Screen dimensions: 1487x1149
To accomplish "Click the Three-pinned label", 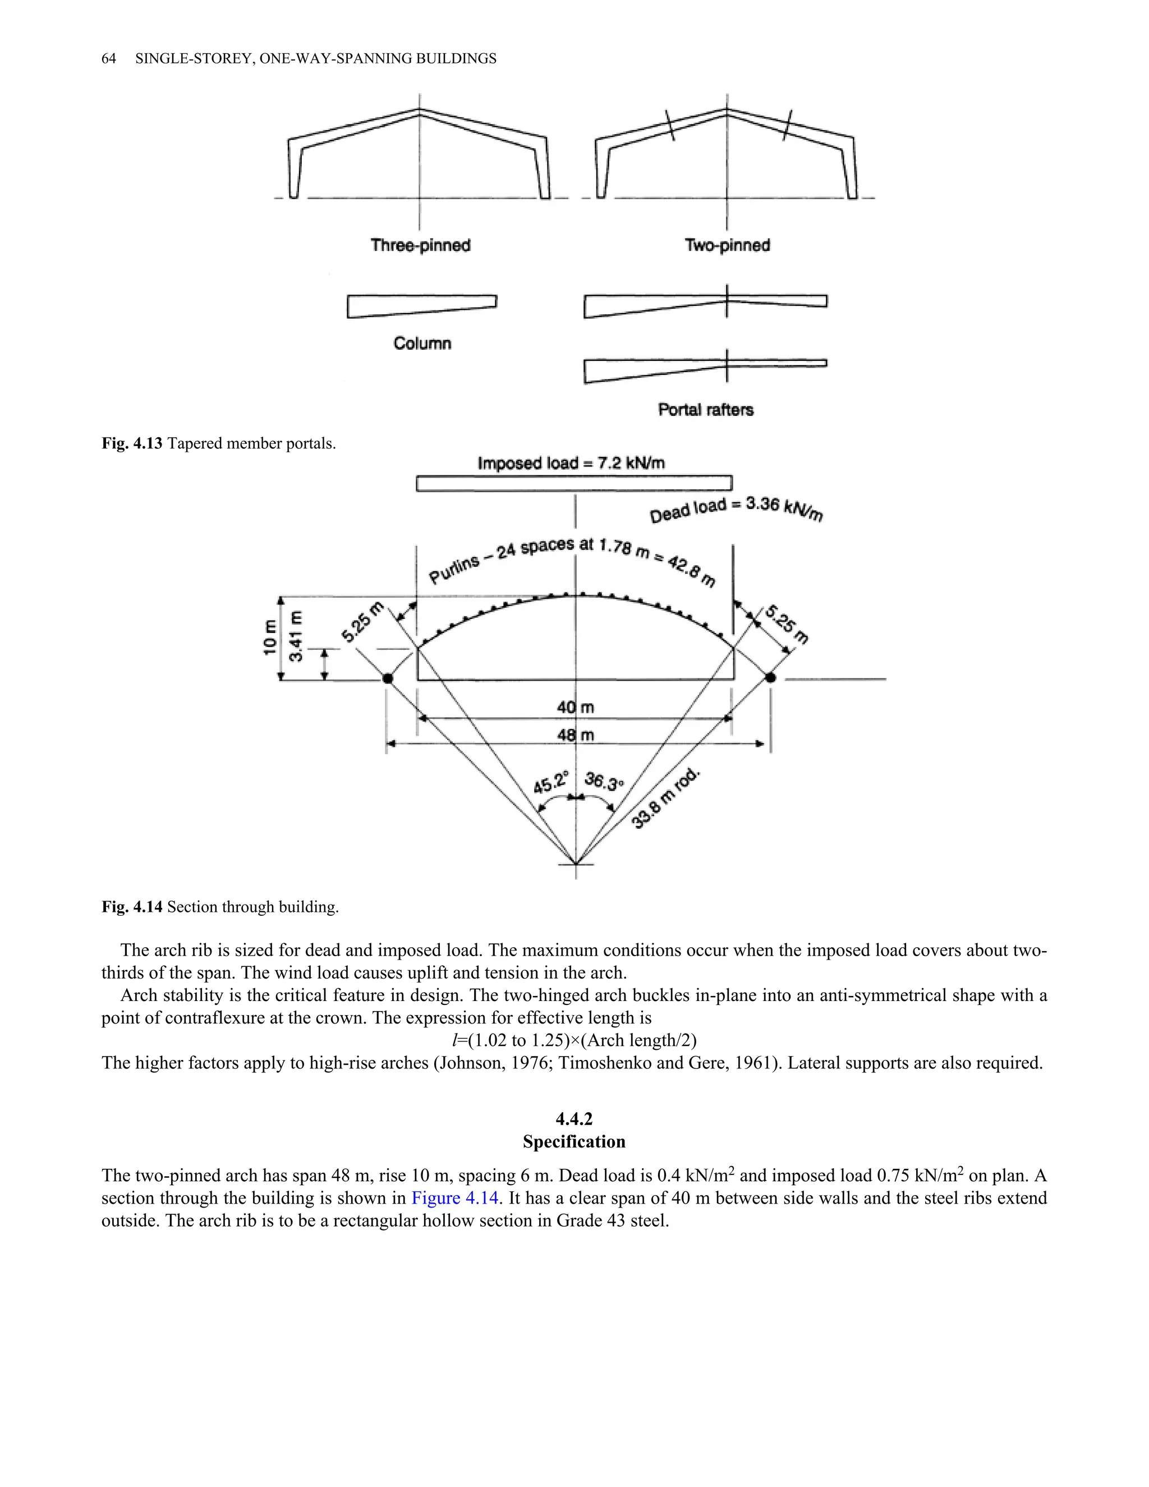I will tap(420, 245).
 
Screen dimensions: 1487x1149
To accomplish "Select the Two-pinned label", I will tap(727, 245).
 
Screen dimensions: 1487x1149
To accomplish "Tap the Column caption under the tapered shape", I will tap(422, 343).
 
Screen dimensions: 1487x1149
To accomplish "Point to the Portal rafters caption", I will tap(706, 410).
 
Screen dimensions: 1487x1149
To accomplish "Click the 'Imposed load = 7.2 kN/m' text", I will tap(571, 463).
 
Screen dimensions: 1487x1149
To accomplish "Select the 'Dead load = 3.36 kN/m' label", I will tap(736, 510).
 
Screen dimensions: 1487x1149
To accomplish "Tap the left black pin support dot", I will tap(387, 678).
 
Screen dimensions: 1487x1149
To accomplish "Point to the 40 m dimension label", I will tap(575, 708).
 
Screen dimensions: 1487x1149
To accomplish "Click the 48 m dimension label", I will tap(575, 735).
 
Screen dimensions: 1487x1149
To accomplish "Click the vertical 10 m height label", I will tap(270, 638).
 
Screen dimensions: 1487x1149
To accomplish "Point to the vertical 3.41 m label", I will tap(296, 636).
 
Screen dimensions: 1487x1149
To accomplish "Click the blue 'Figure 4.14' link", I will tap(454, 1197).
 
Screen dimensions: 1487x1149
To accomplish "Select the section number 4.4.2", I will tap(574, 1119).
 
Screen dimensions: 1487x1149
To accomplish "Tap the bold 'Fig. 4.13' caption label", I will tap(132, 444).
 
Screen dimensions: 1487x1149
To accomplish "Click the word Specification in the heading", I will tap(574, 1142).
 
